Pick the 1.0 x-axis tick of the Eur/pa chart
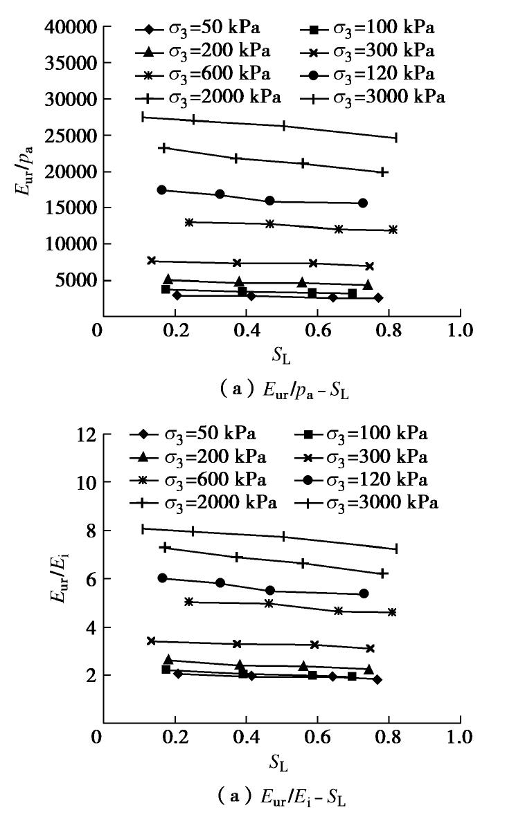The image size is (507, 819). point(460,329)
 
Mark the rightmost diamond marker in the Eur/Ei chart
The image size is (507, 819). point(377,679)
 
